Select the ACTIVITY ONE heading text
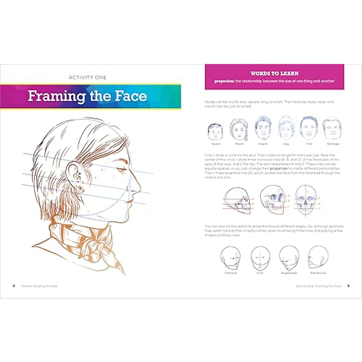point(87,78)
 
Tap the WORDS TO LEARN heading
point(274,73)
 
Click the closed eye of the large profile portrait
point(122,171)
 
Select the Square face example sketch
point(215,132)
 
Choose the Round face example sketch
point(239,130)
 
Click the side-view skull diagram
point(238,200)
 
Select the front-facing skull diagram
point(306,201)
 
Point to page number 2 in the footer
point(14,286)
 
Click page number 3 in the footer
point(348,286)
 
